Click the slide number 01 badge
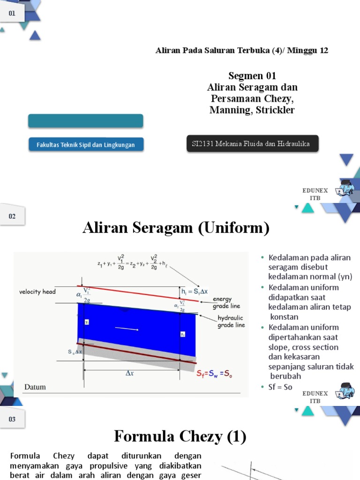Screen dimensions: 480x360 click(x=12, y=14)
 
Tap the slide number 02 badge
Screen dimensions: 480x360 click(x=12, y=216)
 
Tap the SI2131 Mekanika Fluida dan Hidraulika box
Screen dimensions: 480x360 click(x=252, y=144)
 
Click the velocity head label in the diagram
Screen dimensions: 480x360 click(x=37, y=292)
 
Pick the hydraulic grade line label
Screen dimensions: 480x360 click(x=231, y=321)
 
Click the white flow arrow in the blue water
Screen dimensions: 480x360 click(x=127, y=330)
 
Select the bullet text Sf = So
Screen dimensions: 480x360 click(x=280, y=387)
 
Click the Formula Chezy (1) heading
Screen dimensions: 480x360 click(x=180, y=437)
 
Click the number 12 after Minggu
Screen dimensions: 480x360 click(x=324, y=51)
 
